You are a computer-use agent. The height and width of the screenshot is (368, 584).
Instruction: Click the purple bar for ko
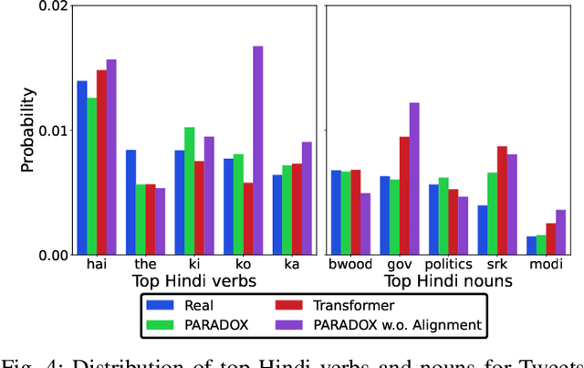258,151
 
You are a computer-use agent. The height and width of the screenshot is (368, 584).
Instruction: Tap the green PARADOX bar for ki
190,191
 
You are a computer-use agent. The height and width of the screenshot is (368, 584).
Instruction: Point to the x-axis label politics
448,265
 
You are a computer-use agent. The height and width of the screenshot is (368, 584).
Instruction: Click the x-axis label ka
291,265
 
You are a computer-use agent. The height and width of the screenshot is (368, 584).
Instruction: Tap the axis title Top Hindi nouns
447,282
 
